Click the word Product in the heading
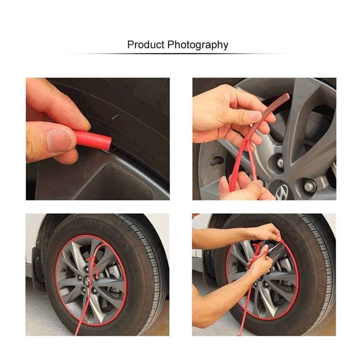146,44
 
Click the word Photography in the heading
198,45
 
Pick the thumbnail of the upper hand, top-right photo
256,116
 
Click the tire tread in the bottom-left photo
147,264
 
